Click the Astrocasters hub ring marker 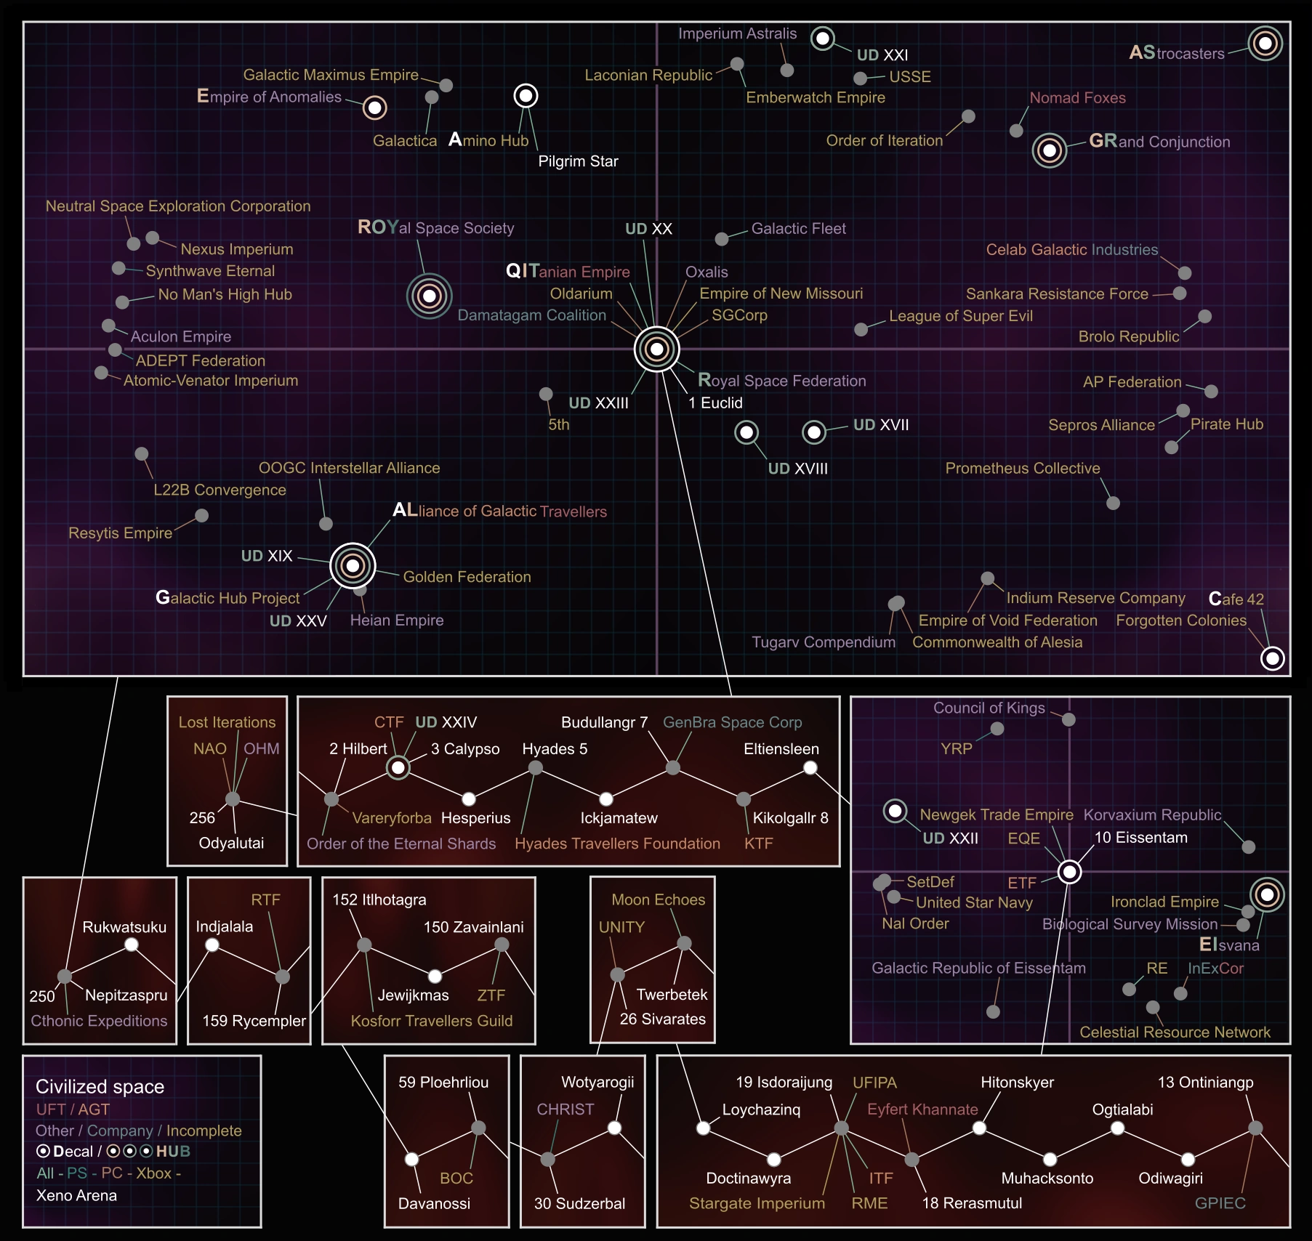click(1265, 44)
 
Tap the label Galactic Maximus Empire click(331, 75)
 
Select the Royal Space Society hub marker click(429, 296)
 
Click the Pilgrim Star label click(578, 161)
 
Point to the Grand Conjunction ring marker click(1049, 150)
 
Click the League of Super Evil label click(960, 316)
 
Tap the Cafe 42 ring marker click(1272, 658)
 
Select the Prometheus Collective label click(1022, 469)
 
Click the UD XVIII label click(797, 469)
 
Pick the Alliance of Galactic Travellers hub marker click(353, 565)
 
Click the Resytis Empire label click(120, 533)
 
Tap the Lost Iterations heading click(227, 722)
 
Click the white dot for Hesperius click(469, 799)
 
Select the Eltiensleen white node click(810, 768)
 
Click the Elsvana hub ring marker click(1267, 894)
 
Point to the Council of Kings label click(989, 708)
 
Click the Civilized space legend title click(100, 1087)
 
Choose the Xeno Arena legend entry click(76, 1195)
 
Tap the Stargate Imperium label click(757, 1203)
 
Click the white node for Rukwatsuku click(132, 945)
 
